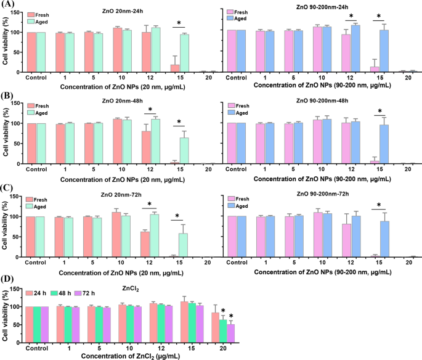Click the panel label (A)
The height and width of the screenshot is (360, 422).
click(x=9, y=6)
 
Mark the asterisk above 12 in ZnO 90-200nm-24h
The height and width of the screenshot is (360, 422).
click(x=351, y=17)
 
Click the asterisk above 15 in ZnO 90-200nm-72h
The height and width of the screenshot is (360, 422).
click(x=379, y=206)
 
